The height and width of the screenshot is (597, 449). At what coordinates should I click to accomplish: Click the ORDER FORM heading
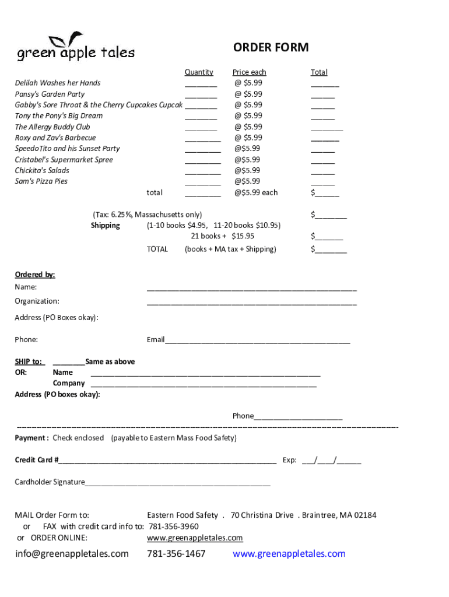coord(271,47)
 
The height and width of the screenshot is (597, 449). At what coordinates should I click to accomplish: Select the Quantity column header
coord(199,72)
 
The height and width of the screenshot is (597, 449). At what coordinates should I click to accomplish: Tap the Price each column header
coord(249,72)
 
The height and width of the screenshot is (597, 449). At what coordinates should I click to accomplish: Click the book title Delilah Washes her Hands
coord(58,83)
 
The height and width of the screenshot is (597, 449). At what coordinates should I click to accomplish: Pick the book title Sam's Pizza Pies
coord(41,181)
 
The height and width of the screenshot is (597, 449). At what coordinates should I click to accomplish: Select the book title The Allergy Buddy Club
coord(52,127)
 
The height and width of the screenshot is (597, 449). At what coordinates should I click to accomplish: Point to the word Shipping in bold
coord(106,226)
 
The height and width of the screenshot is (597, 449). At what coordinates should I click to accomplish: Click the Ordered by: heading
coord(35,275)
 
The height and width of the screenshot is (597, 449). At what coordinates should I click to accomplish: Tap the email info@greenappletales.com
coord(72,554)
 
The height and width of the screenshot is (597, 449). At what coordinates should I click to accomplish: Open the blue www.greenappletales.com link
coord(289,554)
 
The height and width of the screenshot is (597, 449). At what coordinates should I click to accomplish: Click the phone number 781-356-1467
coord(176,554)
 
